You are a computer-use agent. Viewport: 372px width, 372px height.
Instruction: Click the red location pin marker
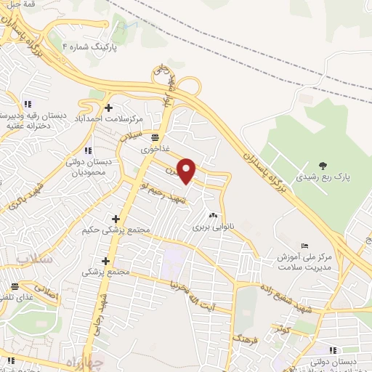pyautogui.click(x=187, y=171)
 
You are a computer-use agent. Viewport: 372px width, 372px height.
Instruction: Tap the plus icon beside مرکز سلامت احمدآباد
pyautogui.click(x=108, y=108)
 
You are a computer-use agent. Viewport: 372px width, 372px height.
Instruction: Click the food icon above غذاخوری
pyautogui.click(x=154, y=136)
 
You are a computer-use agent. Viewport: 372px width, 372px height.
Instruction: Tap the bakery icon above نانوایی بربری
pyautogui.click(x=214, y=216)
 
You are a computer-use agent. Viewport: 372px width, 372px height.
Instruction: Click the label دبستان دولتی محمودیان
pyautogui.click(x=88, y=167)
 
